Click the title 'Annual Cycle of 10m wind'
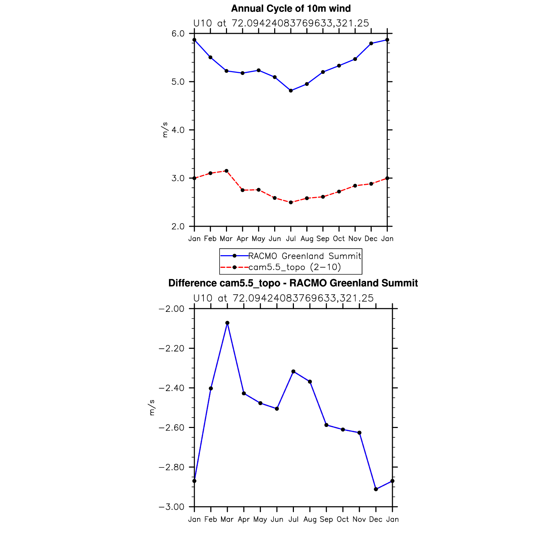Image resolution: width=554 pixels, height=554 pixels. coord(291,8)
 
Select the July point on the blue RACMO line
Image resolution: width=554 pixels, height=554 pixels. coord(291,91)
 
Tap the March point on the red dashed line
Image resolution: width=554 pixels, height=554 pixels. coord(226,171)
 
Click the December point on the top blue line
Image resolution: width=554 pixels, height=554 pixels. coord(371,43)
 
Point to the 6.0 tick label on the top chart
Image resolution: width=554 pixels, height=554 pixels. coord(178,34)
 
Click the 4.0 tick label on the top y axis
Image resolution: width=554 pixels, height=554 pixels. coord(178,130)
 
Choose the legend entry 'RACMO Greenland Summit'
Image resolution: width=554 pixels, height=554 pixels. coord(304,256)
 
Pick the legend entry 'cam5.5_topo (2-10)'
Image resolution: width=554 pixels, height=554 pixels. coord(295,267)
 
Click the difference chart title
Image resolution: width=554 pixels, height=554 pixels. coord(293,283)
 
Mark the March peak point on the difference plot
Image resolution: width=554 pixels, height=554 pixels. coord(227,323)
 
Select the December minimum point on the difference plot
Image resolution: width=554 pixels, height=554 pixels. coord(376,489)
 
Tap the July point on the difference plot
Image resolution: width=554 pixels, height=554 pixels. coord(293,371)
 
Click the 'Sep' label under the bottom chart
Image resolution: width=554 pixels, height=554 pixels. coord(326,520)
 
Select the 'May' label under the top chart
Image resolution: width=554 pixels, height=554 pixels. coord(258,239)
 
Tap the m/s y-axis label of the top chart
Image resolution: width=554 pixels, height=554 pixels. coord(165,130)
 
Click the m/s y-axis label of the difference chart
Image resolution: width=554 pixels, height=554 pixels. coord(152,408)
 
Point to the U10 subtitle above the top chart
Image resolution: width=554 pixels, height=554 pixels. coord(281,23)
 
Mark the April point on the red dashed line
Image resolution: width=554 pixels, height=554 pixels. coord(243,190)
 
